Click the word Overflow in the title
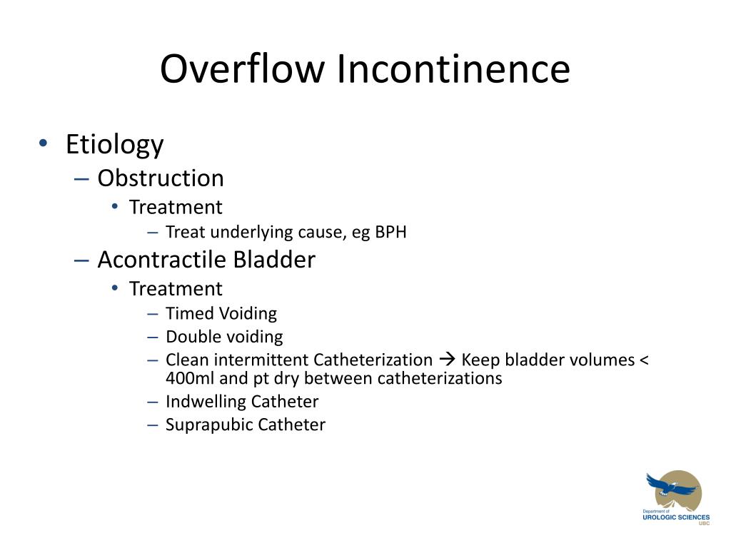(x=243, y=69)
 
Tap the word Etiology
(x=114, y=145)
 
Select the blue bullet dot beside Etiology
(x=44, y=143)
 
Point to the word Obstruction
(x=161, y=178)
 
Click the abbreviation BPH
(x=391, y=232)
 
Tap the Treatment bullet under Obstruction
(x=176, y=208)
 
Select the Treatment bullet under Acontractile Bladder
(x=176, y=289)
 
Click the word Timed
(x=190, y=313)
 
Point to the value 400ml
(x=190, y=378)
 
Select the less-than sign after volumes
(x=644, y=360)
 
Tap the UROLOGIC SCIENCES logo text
(x=676, y=517)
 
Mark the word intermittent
(x=266, y=360)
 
